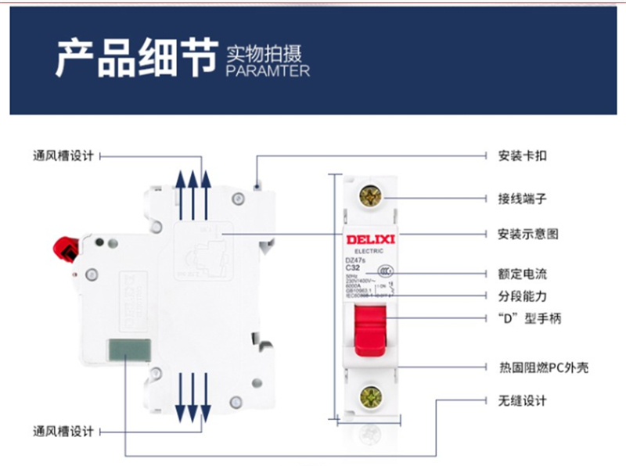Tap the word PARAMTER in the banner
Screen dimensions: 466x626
click(267, 71)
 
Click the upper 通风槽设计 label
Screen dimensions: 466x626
click(63, 156)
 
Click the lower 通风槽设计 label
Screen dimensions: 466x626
click(63, 431)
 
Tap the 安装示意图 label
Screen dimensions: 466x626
click(528, 234)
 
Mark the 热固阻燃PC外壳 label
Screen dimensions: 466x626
click(543, 367)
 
